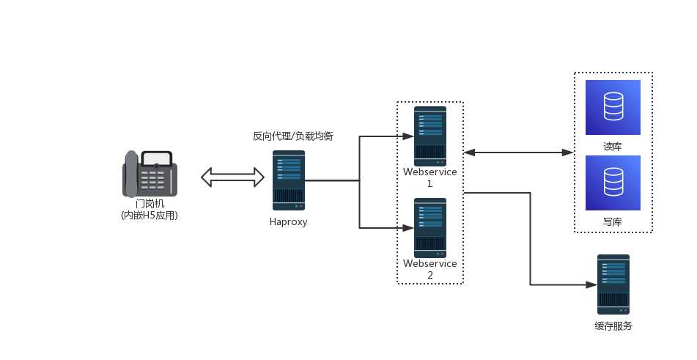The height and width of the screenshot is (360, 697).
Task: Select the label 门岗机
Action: coord(150,203)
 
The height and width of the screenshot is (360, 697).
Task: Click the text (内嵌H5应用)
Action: coord(150,216)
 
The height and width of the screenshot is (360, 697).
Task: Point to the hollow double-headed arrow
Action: coord(233,177)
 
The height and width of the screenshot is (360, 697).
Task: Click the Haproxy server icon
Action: coord(289,180)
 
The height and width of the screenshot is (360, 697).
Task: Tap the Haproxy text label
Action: coord(289,222)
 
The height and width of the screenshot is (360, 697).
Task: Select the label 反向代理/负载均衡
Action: coord(293,136)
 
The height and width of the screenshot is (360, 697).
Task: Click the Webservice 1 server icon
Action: coord(430,136)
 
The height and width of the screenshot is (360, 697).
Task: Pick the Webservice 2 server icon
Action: coord(430,227)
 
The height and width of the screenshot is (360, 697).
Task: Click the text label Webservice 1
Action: coord(430,177)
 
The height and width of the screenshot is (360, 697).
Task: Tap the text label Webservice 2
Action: coord(430,269)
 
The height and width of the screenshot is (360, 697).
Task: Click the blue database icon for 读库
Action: coord(613,107)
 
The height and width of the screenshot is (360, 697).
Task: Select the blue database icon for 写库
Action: coord(613,183)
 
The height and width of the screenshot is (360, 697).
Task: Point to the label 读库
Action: coord(613,146)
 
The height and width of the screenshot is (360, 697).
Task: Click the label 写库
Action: coord(613,221)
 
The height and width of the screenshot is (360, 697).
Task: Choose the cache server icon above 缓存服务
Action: coord(613,284)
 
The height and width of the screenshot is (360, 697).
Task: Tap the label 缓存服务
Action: coord(613,326)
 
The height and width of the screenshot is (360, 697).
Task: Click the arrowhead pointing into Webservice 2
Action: coord(408,227)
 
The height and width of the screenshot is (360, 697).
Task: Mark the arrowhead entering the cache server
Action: coord(591,284)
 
